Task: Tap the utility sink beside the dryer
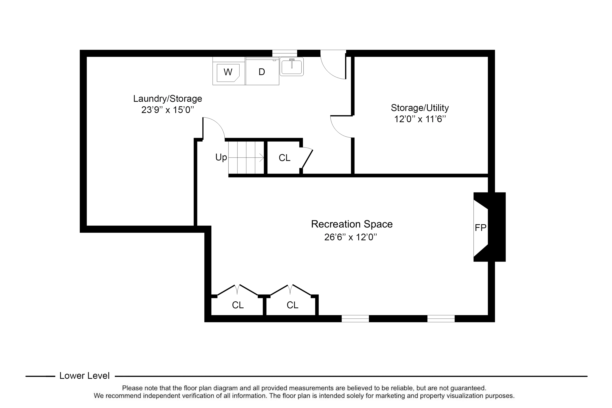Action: [292, 67]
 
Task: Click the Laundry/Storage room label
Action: [167, 99]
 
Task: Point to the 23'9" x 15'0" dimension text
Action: [167, 110]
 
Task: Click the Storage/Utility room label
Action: [420, 108]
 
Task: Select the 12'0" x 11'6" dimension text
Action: [420, 119]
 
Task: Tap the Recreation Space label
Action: [352, 224]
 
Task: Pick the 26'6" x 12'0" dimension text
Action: [350, 237]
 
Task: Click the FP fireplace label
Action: [480, 228]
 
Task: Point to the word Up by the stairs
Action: [221, 157]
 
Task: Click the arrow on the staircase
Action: [246, 157]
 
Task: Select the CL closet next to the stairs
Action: [284, 158]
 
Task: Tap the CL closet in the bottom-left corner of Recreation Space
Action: [238, 305]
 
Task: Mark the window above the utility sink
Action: [285, 53]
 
